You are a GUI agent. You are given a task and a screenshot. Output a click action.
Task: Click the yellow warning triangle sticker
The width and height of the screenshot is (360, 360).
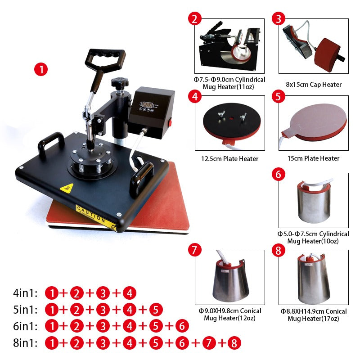pyautogui.click(x=67, y=188)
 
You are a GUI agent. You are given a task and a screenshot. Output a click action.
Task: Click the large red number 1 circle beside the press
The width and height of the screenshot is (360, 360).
pyautogui.click(x=41, y=70)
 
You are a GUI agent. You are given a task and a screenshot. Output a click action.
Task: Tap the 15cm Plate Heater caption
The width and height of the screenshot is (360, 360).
pyautogui.click(x=314, y=158)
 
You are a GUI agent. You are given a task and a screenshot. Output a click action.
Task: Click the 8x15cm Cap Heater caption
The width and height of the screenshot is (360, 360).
pyautogui.click(x=314, y=85)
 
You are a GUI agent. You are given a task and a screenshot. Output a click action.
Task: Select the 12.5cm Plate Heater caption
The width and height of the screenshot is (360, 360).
pyautogui.click(x=230, y=158)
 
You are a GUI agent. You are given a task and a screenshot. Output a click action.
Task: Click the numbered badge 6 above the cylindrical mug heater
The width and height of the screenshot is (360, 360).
pyautogui.click(x=279, y=174)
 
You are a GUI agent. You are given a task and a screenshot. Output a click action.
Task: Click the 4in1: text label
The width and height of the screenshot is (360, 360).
pyautogui.click(x=26, y=293)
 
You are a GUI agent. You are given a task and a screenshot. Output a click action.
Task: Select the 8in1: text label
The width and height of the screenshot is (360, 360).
pyautogui.click(x=26, y=343)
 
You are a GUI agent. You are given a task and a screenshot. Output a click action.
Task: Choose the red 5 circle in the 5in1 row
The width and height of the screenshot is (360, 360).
pyautogui.click(x=156, y=310)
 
